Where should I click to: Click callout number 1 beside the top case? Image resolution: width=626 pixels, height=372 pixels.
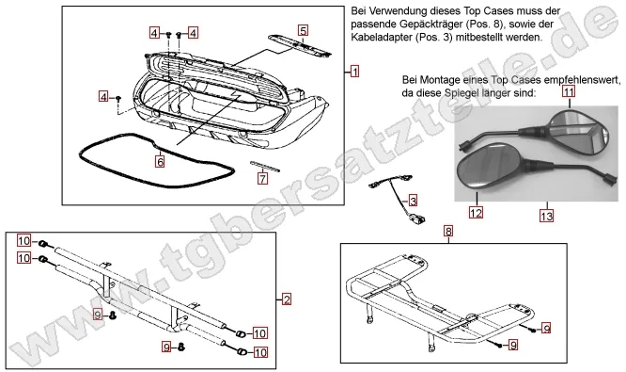coord(354,72)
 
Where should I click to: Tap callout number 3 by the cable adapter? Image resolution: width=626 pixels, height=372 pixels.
coord(413,201)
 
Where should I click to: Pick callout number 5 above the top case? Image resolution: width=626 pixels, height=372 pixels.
coord(303,30)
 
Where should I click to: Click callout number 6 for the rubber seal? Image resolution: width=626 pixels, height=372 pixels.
coord(160,162)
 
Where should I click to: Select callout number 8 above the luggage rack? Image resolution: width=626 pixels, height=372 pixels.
coord(448,231)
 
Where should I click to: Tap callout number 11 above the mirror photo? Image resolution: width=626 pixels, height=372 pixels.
coord(569,91)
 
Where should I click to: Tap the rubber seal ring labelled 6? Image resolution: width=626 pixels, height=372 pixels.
coord(103,151)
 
